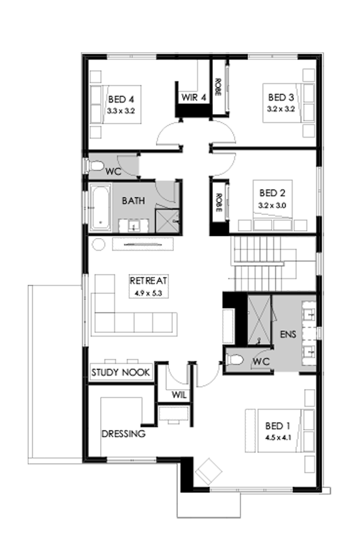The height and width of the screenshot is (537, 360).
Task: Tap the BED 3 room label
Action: [281, 97]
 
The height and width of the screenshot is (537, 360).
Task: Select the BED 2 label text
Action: [272, 193]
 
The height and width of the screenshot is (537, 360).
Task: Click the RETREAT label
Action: [149, 281]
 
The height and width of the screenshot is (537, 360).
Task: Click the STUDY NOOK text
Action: [121, 372]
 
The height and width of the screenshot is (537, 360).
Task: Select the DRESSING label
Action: [123, 434]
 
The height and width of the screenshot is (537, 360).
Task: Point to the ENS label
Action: [288, 333]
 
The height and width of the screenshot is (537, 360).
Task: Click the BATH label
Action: [133, 200]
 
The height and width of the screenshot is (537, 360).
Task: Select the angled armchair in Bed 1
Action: [209, 470]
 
